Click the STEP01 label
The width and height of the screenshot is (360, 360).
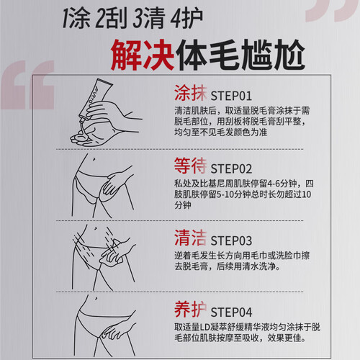point(231,96)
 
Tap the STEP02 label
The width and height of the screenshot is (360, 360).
point(231,168)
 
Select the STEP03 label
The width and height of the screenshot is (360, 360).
point(231,240)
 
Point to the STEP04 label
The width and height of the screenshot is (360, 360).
point(231,312)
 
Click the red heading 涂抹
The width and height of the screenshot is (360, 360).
point(191,93)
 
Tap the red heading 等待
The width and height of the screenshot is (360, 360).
point(191,166)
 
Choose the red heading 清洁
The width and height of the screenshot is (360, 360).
point(191,238)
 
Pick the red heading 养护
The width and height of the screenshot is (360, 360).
point(191,310)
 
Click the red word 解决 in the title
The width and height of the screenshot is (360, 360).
point(143,55)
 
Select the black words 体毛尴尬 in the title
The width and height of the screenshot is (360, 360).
point(240,55)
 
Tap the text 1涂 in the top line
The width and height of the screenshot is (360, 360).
point(76,18)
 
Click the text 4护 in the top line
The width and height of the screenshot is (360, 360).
point(186,17)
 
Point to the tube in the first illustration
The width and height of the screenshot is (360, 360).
point(95,99)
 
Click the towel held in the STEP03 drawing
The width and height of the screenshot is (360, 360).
point(112,252)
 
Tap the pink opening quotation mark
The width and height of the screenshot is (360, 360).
point(27,85)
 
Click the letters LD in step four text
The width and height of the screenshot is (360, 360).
point(205,327)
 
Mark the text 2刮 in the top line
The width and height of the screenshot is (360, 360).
point(112,18)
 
